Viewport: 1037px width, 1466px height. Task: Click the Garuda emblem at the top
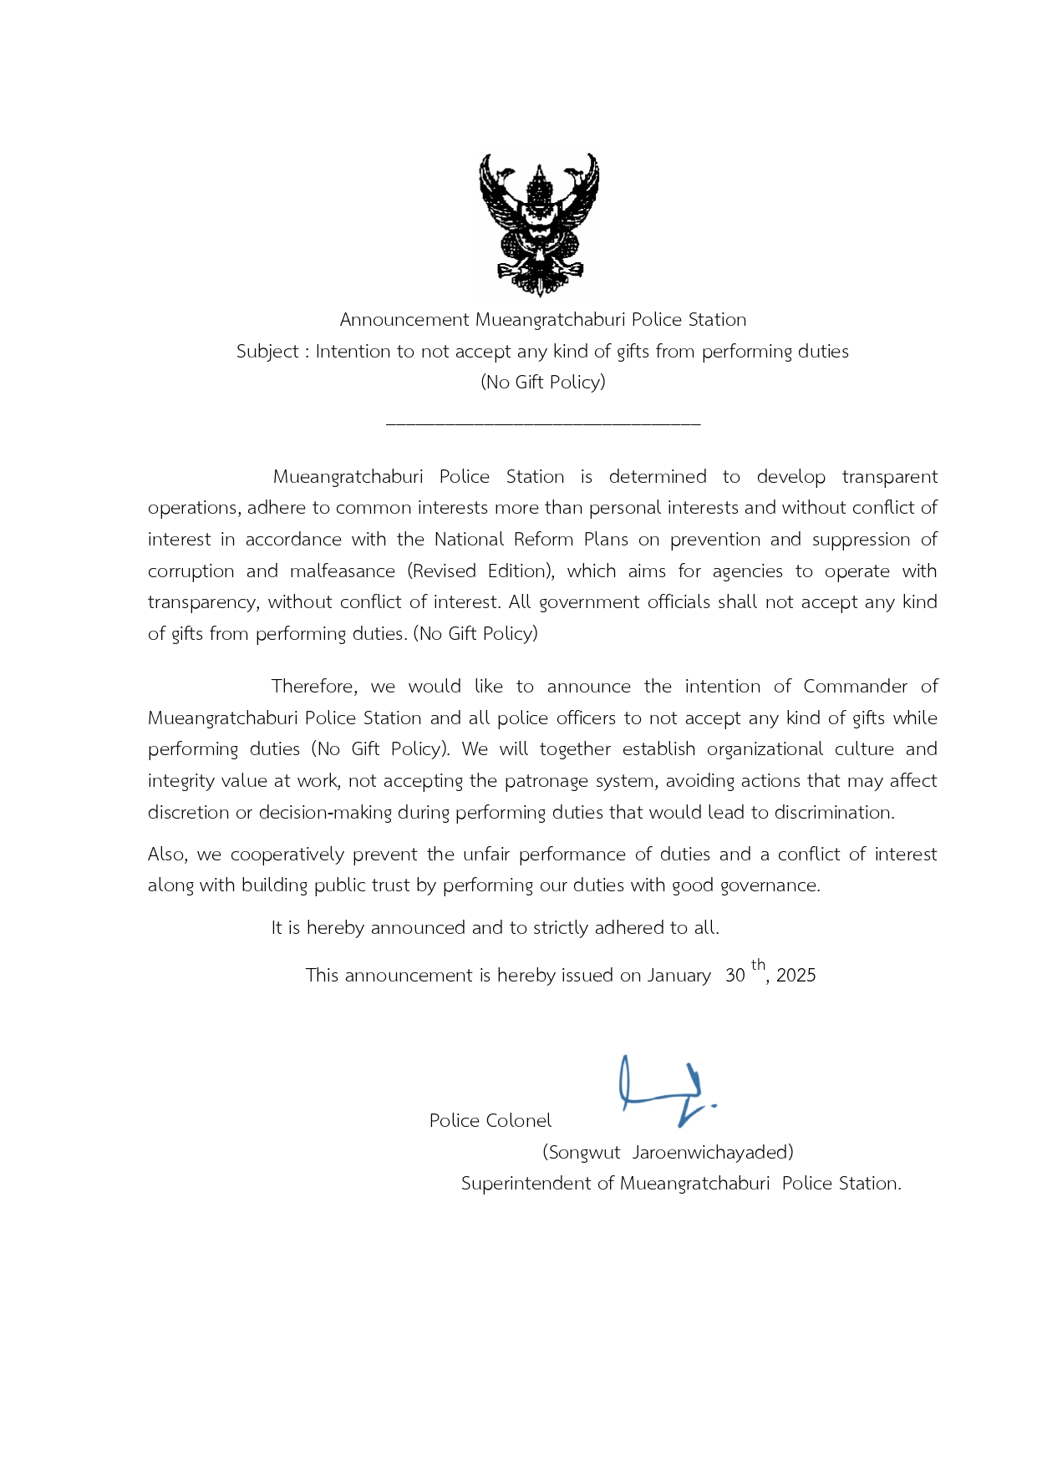(x=539, y=224)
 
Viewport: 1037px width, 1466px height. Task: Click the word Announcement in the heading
(x=404, y=320)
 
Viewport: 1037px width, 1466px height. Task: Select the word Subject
(x=267, y=352)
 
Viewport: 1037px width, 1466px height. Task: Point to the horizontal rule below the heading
(x=543, y=424)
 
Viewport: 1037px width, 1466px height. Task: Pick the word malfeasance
(x=343, y=571)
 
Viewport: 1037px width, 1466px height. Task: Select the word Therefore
(x=314, y=687)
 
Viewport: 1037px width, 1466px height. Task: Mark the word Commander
(x=855, y=687)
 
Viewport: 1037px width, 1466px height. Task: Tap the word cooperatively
(x=287, y=855)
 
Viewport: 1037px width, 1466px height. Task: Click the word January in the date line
(x=679, y=976)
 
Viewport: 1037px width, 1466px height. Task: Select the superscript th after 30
(x=758, y=966)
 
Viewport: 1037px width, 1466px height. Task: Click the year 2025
(x=796, y=976)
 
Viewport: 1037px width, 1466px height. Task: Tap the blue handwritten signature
(x=665, y=1090)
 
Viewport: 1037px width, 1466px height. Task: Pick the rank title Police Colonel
(x=491, y=1121)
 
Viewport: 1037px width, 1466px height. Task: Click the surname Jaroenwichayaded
(x=712, y=1153)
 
